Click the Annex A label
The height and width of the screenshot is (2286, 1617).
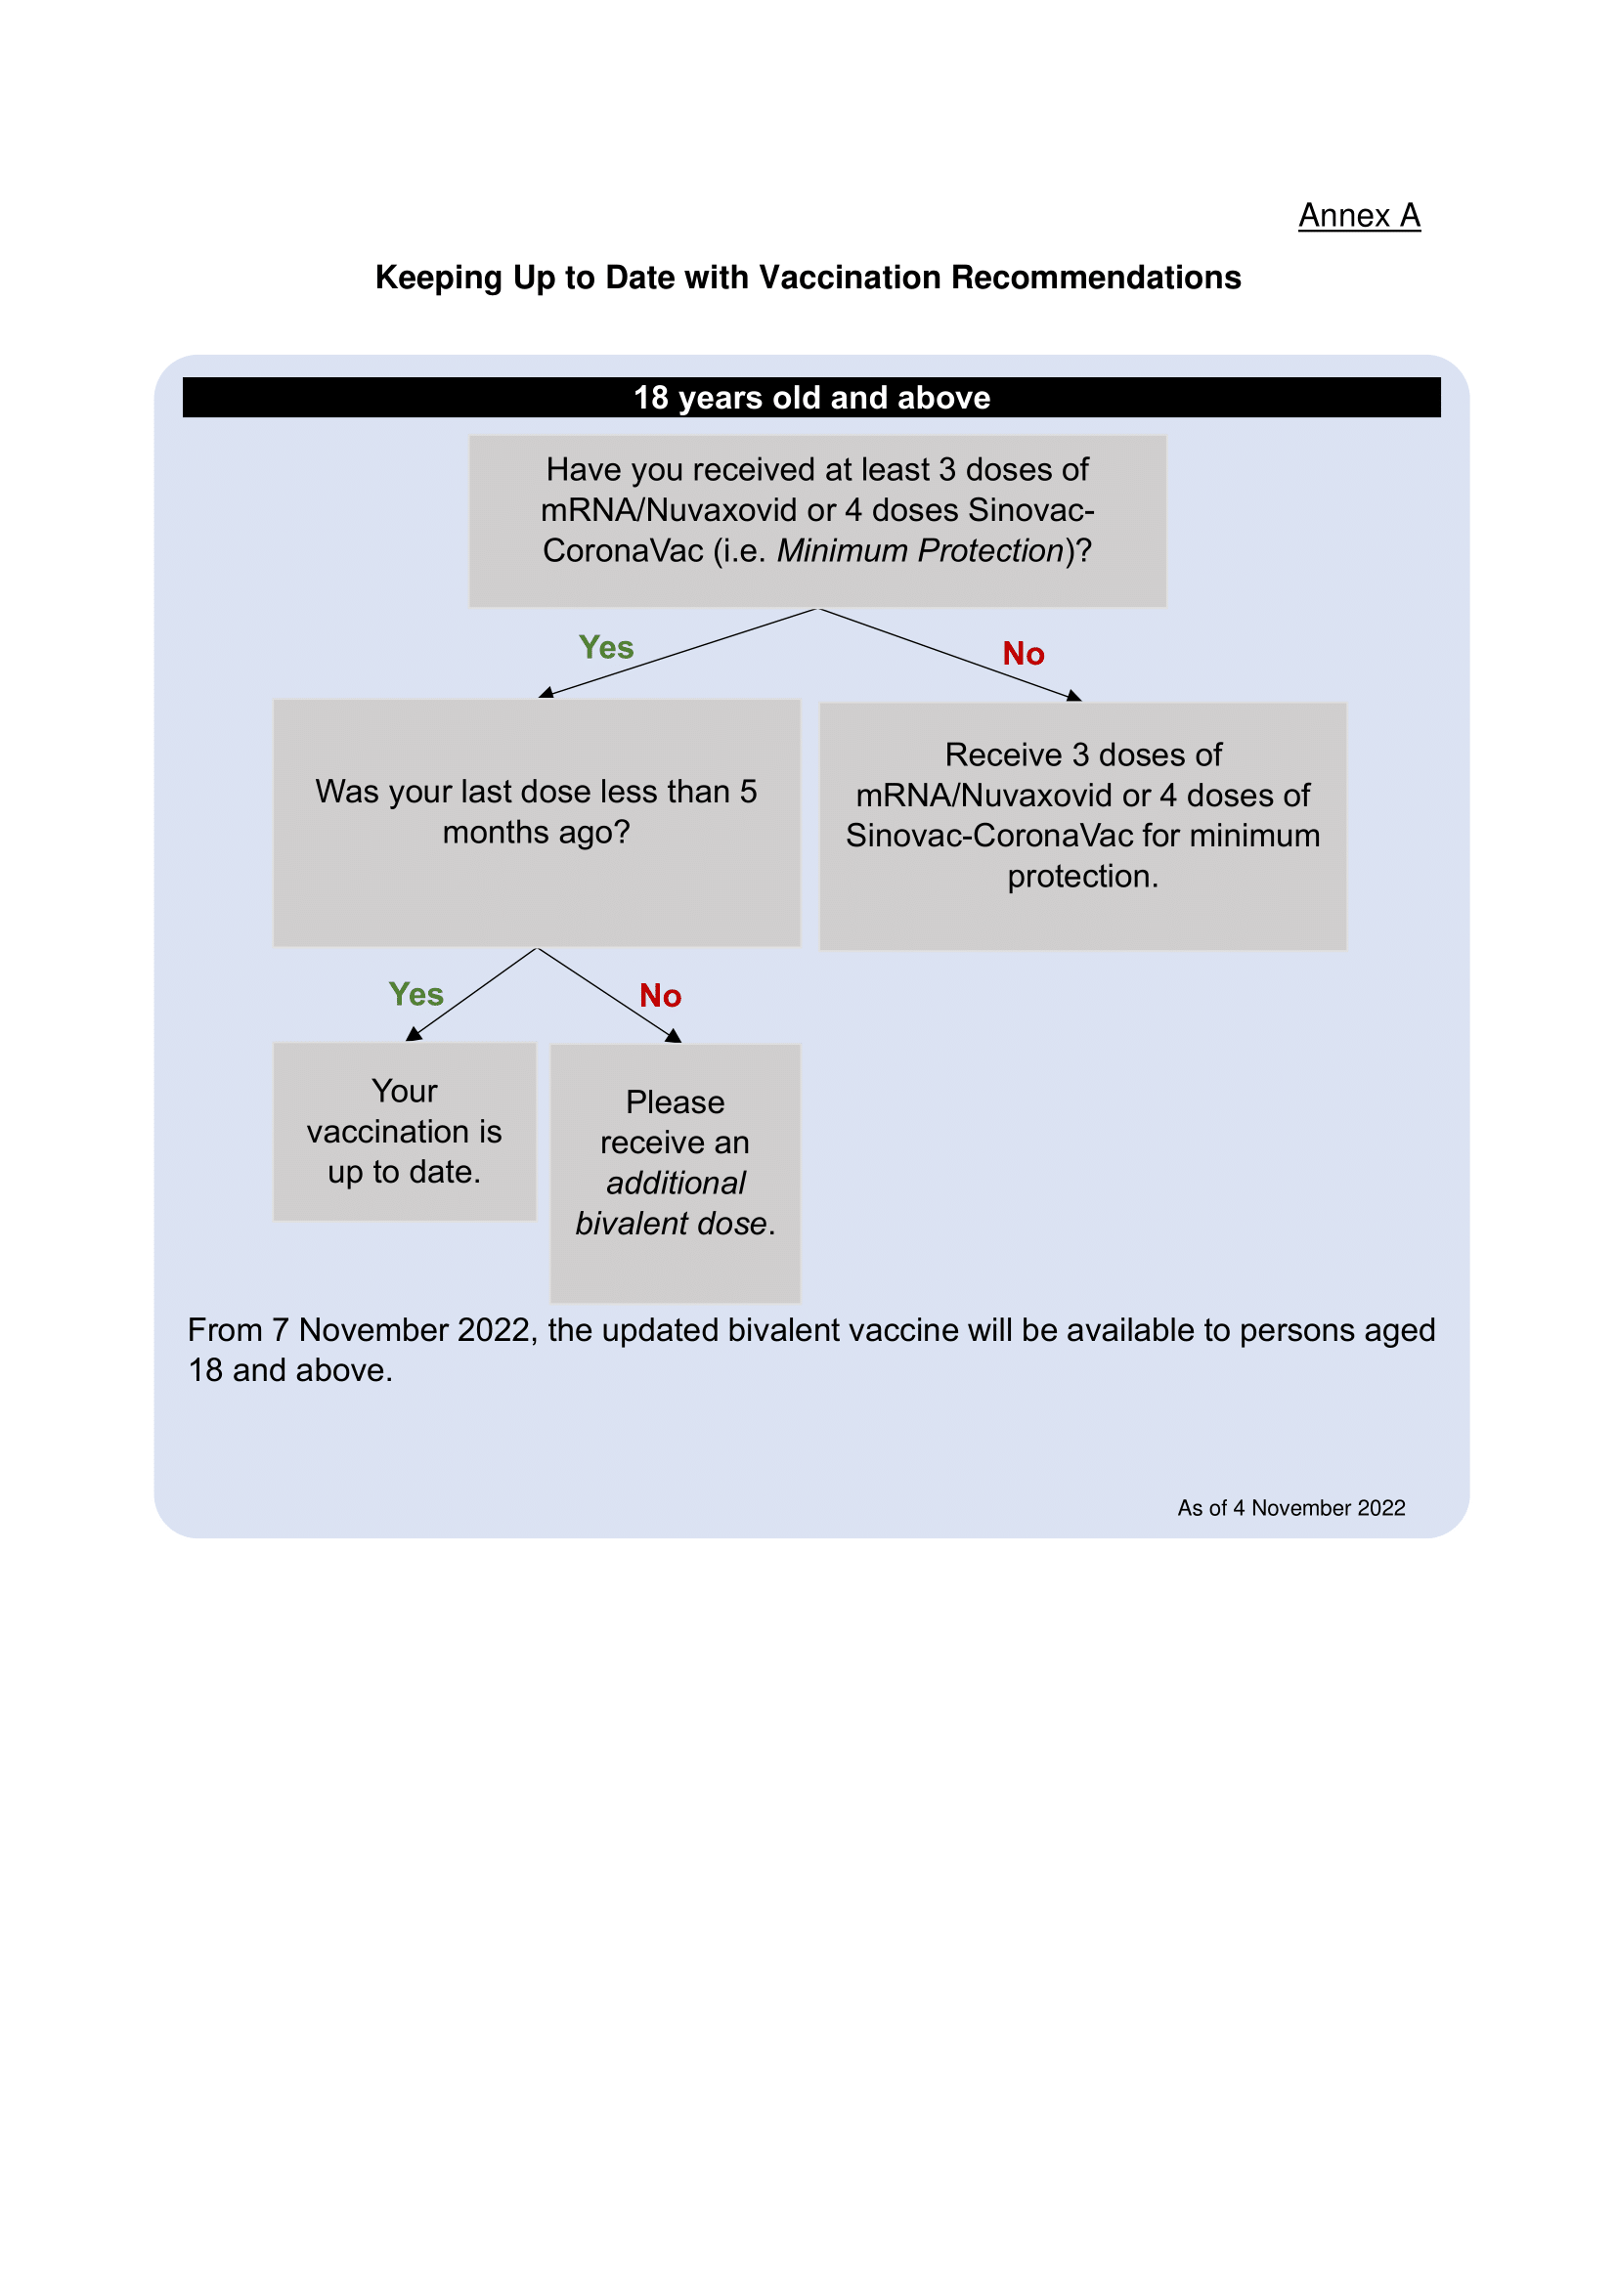click(x=1358, y=215)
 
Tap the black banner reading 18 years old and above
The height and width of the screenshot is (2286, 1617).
click(x=810, y=397)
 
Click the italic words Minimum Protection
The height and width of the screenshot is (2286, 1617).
click(x=920, y=550)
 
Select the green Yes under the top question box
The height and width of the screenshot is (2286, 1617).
click(x=605, y=647)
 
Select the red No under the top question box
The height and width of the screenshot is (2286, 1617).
click(x=1023, y=654)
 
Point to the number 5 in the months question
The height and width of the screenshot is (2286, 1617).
click(x=748, y=792)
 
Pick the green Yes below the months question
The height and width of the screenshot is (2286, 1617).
click(x=415, y=994)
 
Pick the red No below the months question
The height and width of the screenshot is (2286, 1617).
click(x=659, y=996)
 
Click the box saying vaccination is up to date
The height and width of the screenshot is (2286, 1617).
click(x=405, y=1131)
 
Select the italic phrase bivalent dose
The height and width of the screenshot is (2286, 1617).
click(x=671, y=1224)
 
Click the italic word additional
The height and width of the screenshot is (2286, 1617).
click(x=676, y=1183)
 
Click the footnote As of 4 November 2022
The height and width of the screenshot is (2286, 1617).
click(x=1290, y=1507)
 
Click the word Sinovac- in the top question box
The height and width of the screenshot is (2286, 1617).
click(x=1030, y=510)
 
